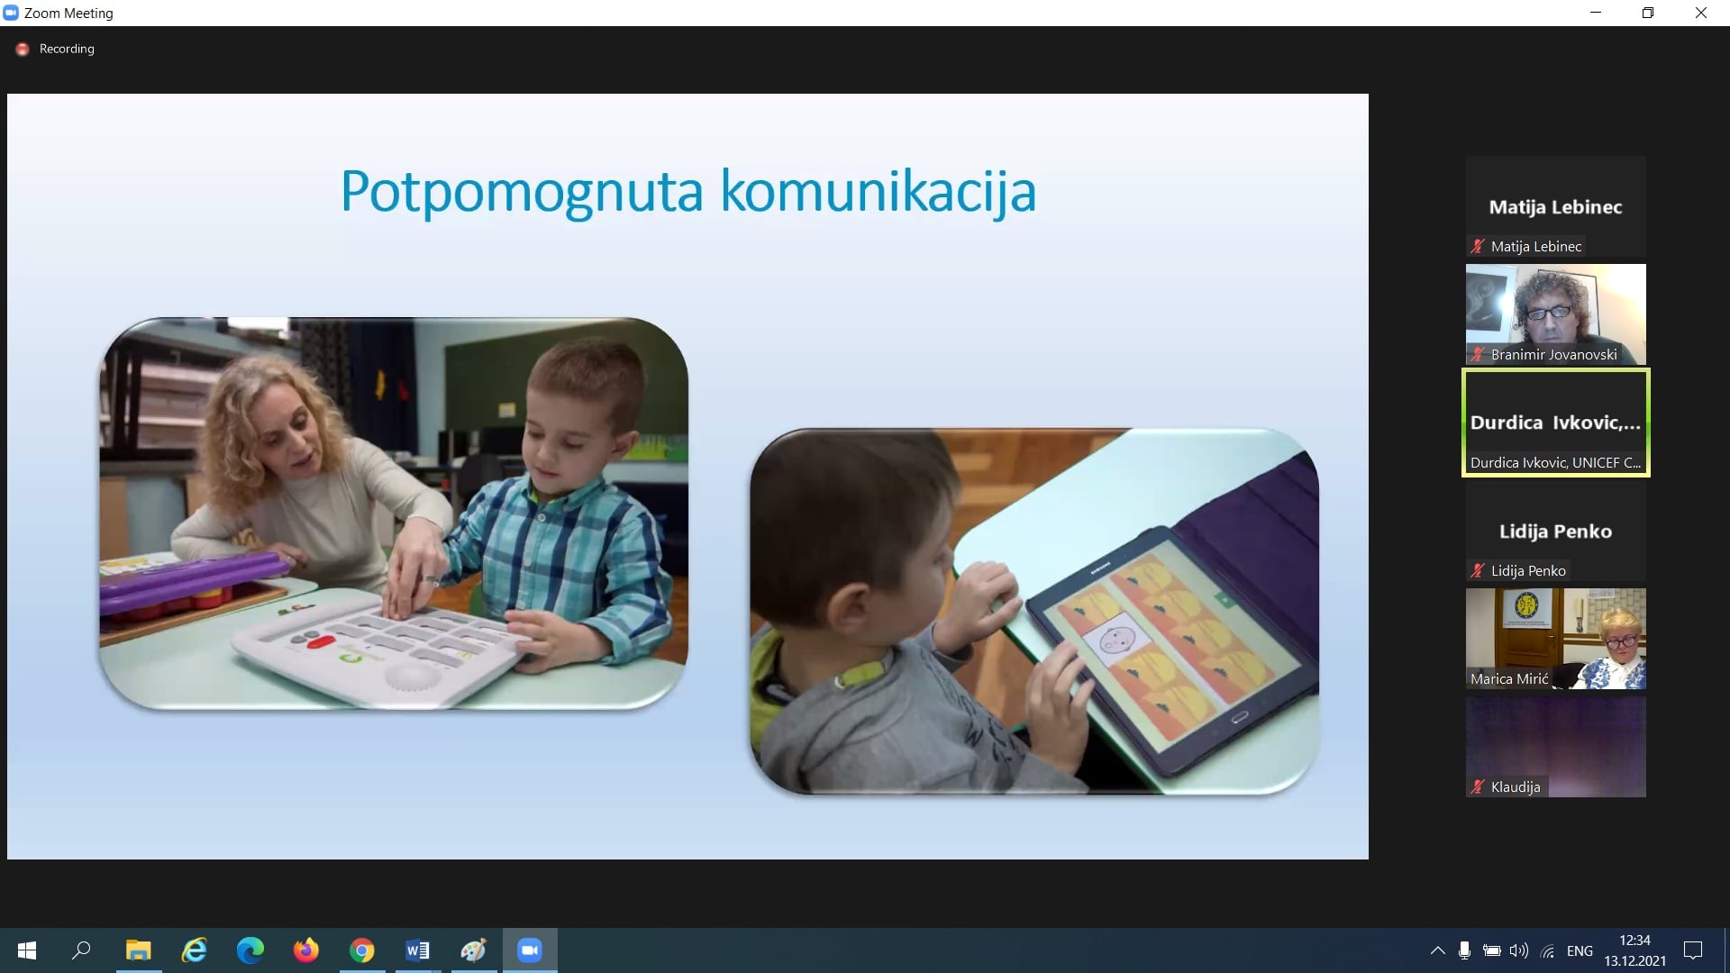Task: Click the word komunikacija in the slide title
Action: point(879,192)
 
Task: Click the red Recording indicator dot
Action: point(23,49)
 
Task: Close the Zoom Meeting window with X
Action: point(1701,13)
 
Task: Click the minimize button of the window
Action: point(1596,13)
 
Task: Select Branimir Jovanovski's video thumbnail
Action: point(1556,314)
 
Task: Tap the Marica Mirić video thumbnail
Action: point(1556,638)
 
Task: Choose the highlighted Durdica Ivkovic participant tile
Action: point(1556,423)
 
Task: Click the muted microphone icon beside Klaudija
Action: point(1478,787)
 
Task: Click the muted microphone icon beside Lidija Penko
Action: point(1478,570)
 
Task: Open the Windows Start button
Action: point(27,950)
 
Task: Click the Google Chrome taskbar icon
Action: point(362,950)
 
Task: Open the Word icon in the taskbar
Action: point(418,950)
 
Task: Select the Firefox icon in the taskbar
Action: point(306,950)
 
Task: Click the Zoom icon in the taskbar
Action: point(530,950)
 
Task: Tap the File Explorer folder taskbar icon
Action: point(139,950)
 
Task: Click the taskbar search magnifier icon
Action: point(82,950)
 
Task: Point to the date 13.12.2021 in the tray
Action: point(1634,961)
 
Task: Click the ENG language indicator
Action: point(1580,950)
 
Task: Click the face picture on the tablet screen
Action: point(1116,642)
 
